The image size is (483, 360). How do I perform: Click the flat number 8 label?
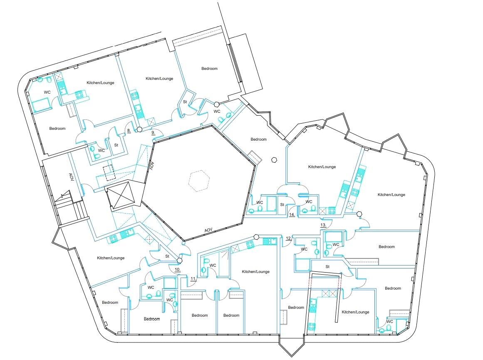[x=129, y=131]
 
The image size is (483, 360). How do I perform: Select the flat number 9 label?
[x=153, y=133]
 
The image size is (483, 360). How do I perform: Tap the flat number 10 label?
[x=177, y=270]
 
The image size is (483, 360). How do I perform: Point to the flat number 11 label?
[x=193, y=279]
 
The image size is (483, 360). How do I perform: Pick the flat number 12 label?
[x=289, y=238]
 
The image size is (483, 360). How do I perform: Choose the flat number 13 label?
[x=323, y=225]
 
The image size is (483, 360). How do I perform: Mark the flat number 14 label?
[x=292, y=215]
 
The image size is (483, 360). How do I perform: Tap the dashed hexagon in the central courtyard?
[x=199, y=181]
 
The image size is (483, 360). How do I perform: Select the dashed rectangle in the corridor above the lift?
[x=109, y=173]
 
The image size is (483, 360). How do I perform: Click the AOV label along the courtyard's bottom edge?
[x=208, y=230]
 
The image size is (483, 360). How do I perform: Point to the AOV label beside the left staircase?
[x=71, y=177]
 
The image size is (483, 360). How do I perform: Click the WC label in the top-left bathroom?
[x=47, y=92]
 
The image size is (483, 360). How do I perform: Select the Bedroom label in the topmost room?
[x=209, y=68]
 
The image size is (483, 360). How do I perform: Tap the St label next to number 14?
[x=282, y=205]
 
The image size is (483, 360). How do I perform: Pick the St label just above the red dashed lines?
[x=327, y=267]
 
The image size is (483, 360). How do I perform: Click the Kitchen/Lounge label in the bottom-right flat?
[x=355, y=312]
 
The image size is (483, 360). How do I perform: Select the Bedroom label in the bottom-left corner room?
[x=110, y=303]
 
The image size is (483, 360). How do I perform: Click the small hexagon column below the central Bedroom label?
[x=274, y=160]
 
